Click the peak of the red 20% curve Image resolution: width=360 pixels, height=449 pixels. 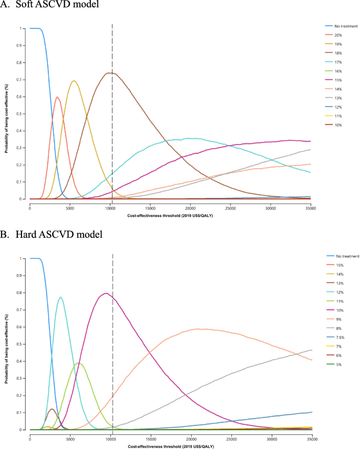tap(57, 97)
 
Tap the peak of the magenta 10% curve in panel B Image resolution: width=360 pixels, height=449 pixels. tap(106, 293)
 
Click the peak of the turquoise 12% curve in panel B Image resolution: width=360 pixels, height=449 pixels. tap(60, 297)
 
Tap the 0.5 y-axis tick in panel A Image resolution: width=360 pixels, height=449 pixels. tap(22, 114)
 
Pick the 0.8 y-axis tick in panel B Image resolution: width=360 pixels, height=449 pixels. tap(22, 293)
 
